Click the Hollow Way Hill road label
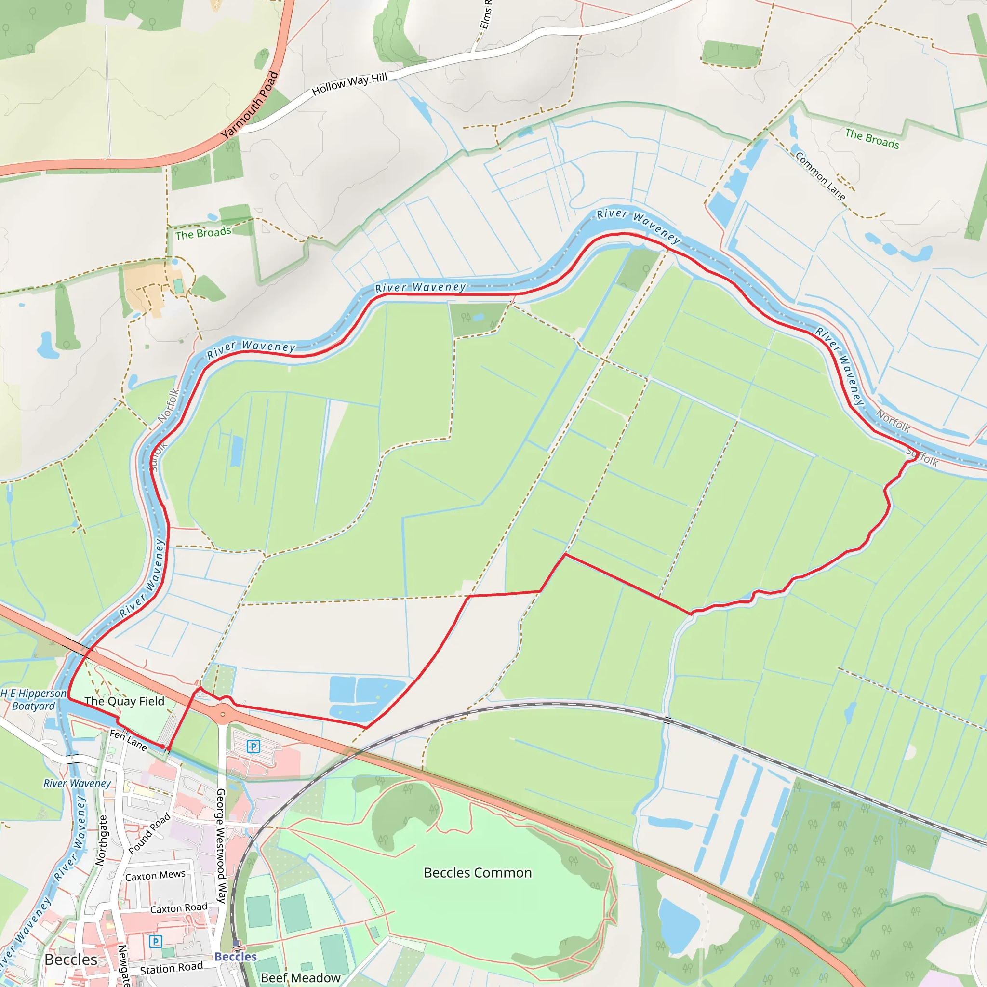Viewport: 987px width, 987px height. click(349, 84)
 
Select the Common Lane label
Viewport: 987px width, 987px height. click(820, 176)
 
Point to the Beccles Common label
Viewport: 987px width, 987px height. click(478, 873)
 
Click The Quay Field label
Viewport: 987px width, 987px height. click(124, 701)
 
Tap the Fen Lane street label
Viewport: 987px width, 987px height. click(128, 740)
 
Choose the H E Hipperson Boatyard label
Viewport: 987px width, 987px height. click(34, 699)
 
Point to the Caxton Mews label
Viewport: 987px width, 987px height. click(155, 875)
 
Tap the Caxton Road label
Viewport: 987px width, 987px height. click(179, 908)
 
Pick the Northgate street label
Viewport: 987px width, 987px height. click(102, 840)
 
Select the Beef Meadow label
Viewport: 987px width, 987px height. click(300, 978)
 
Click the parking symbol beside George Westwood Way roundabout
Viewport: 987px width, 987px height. click(253, 747)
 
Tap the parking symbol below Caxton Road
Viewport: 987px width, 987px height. click(155, 941)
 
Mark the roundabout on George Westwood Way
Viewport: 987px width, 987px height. click(223, 714)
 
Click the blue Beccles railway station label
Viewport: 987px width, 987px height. click(236, 956)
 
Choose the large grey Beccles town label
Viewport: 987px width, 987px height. click(70, 960)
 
